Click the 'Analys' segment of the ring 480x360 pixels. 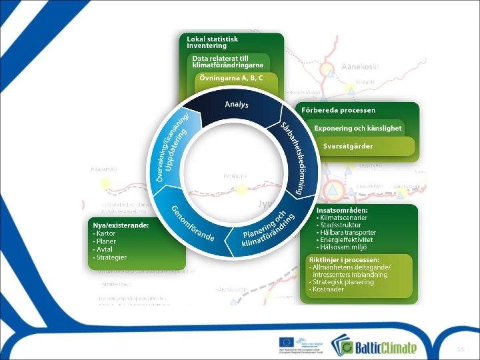(237, 105)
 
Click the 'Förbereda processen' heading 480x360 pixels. (339, 110)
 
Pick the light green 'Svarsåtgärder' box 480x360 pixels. (348, 146)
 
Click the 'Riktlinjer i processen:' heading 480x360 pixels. (343, 259)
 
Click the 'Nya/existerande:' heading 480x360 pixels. (120, 225)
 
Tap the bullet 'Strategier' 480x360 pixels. (111, 257)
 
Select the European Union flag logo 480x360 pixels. (287, 344)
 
